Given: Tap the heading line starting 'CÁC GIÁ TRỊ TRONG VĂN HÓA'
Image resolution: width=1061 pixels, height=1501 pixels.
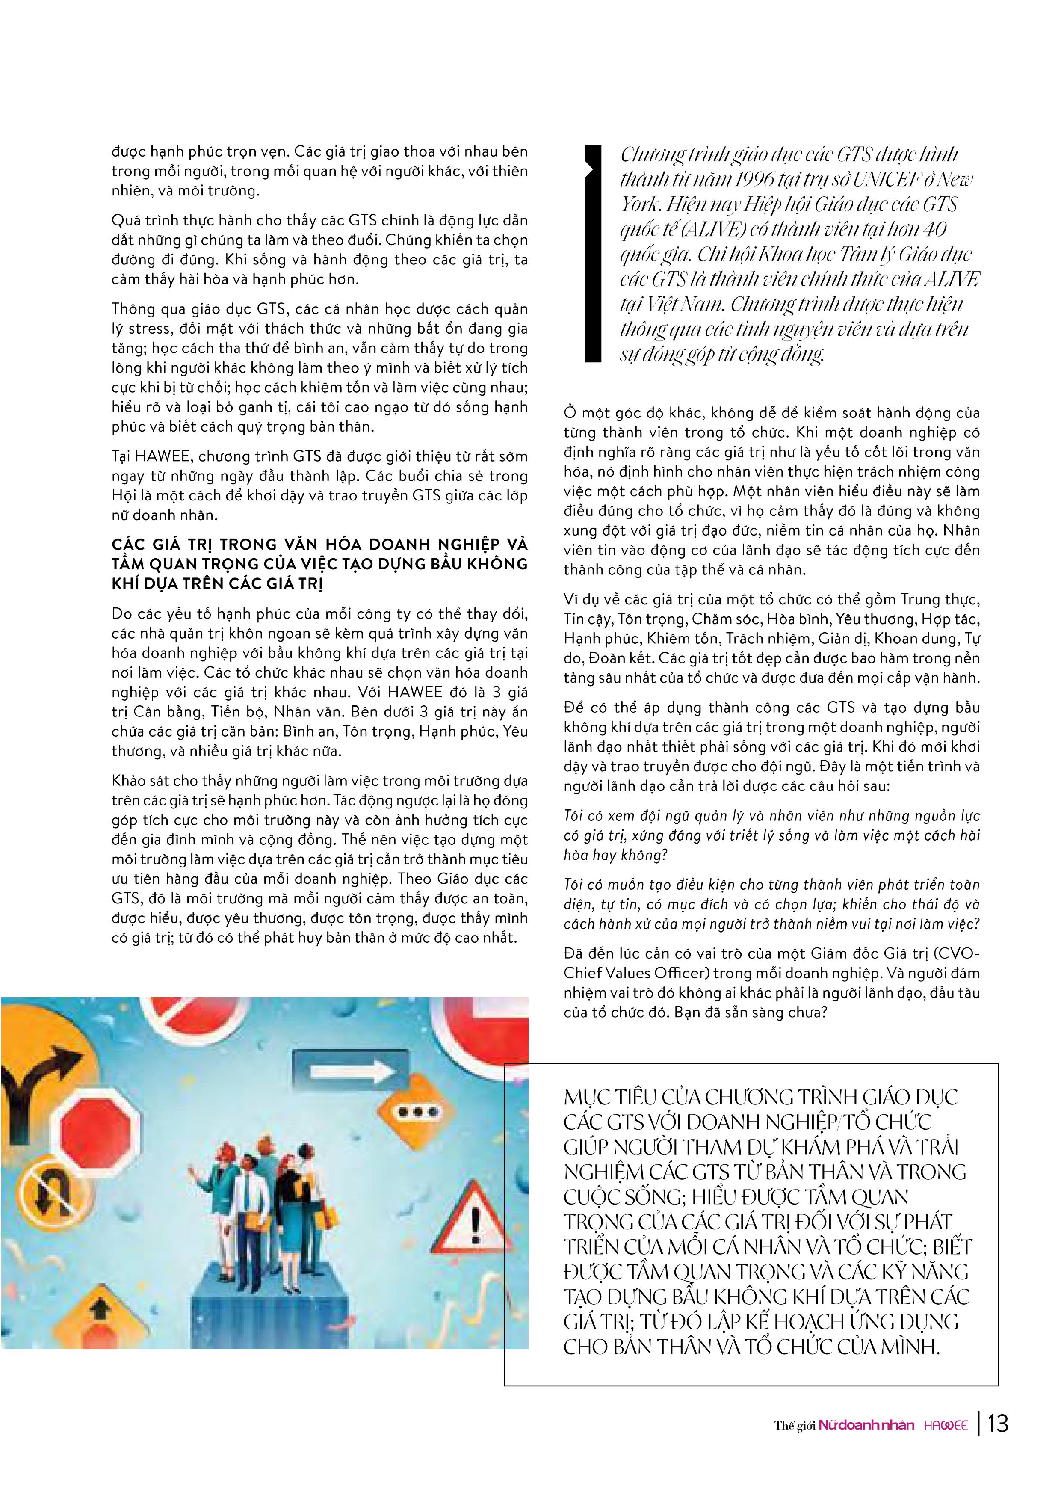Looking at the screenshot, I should (x=319, y=544).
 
